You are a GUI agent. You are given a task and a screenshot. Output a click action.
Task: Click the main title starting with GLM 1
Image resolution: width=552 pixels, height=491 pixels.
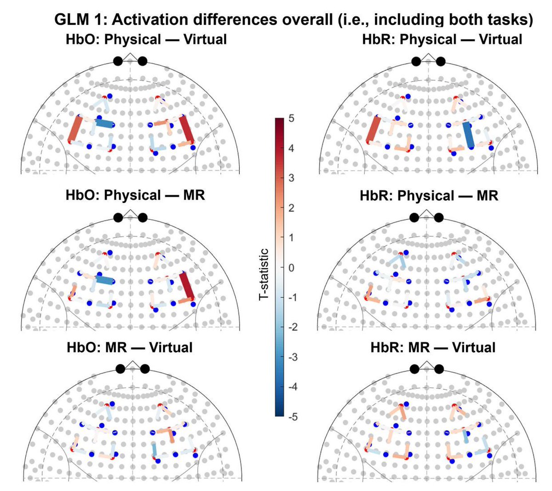pyautogui.click(x=293, y=20)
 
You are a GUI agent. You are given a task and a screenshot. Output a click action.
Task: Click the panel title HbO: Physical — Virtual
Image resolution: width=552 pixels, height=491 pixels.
pyautogui.click(x=146, y=39)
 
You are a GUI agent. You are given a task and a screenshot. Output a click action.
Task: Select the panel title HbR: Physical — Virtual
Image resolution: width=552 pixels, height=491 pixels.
pyautogui.click(x=442, y=39)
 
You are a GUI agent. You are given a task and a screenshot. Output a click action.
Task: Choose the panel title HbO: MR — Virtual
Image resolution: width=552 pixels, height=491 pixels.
pyautogui.click(x=130, y=347)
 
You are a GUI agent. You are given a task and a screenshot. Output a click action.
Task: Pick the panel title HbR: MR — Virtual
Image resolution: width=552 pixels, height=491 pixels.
pyautogui.click(x=433, y=347)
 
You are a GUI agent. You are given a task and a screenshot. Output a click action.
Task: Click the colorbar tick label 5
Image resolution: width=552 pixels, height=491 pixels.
pyautogui.click(x=291, y=119)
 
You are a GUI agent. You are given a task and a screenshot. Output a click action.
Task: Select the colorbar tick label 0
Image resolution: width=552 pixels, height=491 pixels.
pyautogui.click(x=291, y=268)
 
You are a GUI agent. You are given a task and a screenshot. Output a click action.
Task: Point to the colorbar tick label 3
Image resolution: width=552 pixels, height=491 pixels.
pyautogui.click(x=291, y=178)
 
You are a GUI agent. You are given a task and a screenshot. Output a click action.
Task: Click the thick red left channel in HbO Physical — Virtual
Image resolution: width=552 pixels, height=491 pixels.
pyautogui.click(x=74, y=129)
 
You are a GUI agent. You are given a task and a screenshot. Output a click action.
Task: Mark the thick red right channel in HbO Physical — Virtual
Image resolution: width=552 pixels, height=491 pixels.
pyautogui.click(x=186, y=130)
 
